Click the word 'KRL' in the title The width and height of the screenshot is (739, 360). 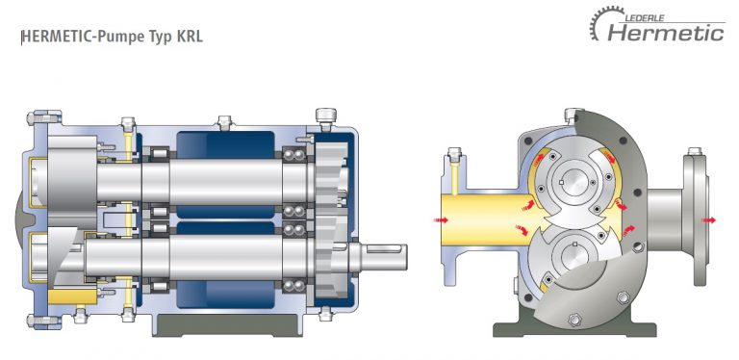188,38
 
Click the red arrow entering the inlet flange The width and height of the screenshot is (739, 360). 439,220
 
